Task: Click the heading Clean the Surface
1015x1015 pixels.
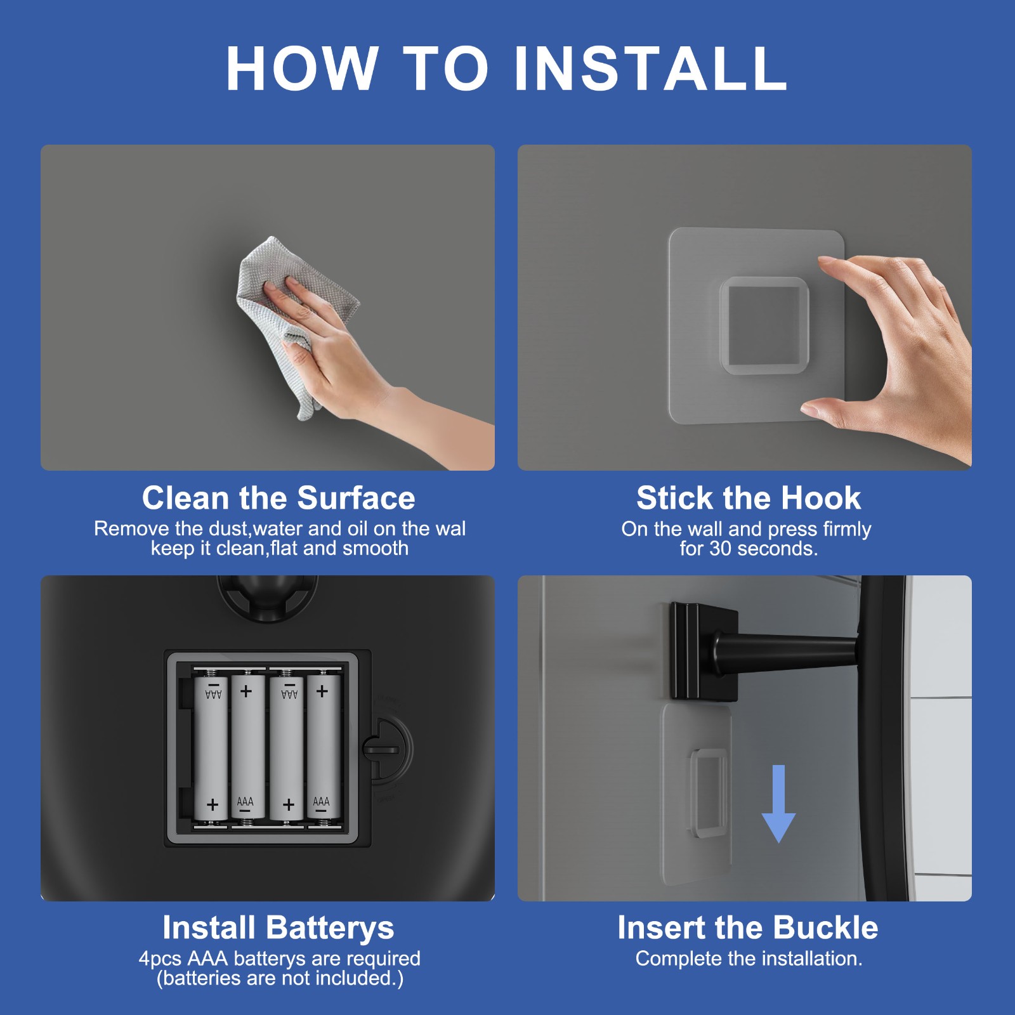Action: tap(278, 498)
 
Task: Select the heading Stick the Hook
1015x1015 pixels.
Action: tap(749, 498)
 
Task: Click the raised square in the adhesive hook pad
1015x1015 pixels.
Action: tap(764, 325)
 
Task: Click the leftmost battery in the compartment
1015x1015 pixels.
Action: tap(211, 749)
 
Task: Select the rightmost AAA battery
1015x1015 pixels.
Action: tap(323, 749)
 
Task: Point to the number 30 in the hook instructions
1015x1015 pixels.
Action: tap(721, 549)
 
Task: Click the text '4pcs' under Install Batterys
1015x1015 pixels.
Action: tap(160, 959)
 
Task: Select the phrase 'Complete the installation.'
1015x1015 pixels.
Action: tap(749, 959)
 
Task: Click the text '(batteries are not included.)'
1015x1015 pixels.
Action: tap(280, 978)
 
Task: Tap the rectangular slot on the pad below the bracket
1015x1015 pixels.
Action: tap(709, 793)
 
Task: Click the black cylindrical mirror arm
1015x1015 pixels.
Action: tap(787, 650)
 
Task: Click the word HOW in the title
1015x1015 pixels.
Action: tap(302, 69)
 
